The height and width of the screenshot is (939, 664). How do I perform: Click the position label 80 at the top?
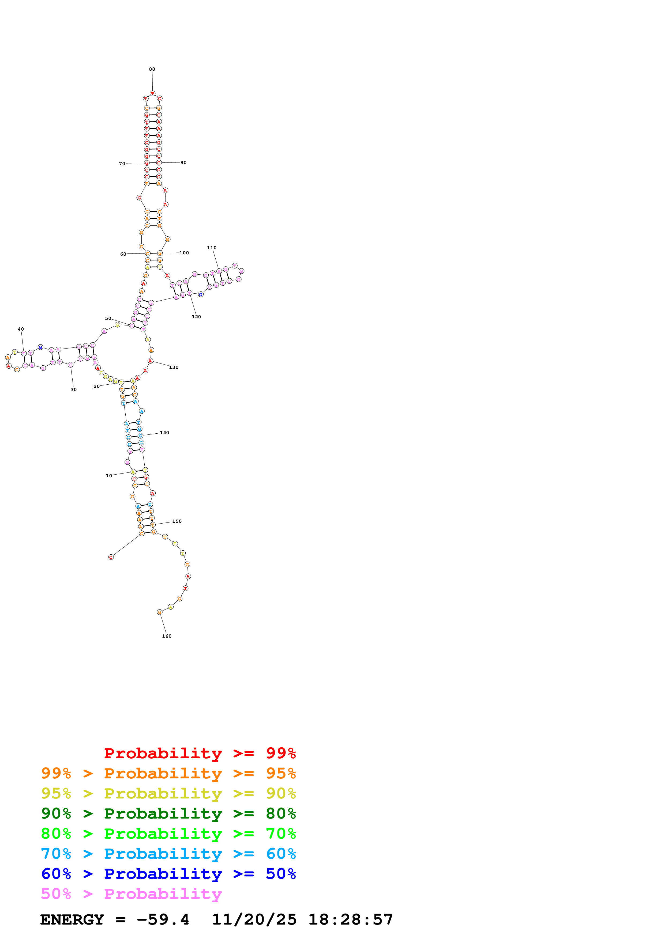coord(152,69)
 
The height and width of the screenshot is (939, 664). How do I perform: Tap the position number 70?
coord(122,164)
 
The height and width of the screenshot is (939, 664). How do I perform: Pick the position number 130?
coord(174,367)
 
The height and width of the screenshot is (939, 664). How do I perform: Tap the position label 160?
coord(167,636)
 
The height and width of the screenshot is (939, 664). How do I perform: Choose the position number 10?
coord(109,476)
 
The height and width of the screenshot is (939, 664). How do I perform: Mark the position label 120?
coord(196,317)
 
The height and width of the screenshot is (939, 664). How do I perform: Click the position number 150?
coord(177,521)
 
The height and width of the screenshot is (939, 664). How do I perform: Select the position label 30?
coord(74,389)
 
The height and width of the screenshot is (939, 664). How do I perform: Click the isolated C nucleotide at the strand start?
coord(111,557)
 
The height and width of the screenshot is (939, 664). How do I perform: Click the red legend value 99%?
coord(281,753)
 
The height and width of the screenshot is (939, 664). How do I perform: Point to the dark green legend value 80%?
coord(281,813)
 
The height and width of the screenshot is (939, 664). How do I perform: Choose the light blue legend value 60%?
coord(281,854)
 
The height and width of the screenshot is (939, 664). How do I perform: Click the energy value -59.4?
coord(163,920)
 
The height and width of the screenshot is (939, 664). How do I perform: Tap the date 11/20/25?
coord(254,920)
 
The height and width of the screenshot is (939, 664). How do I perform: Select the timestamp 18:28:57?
coord(351,920)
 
